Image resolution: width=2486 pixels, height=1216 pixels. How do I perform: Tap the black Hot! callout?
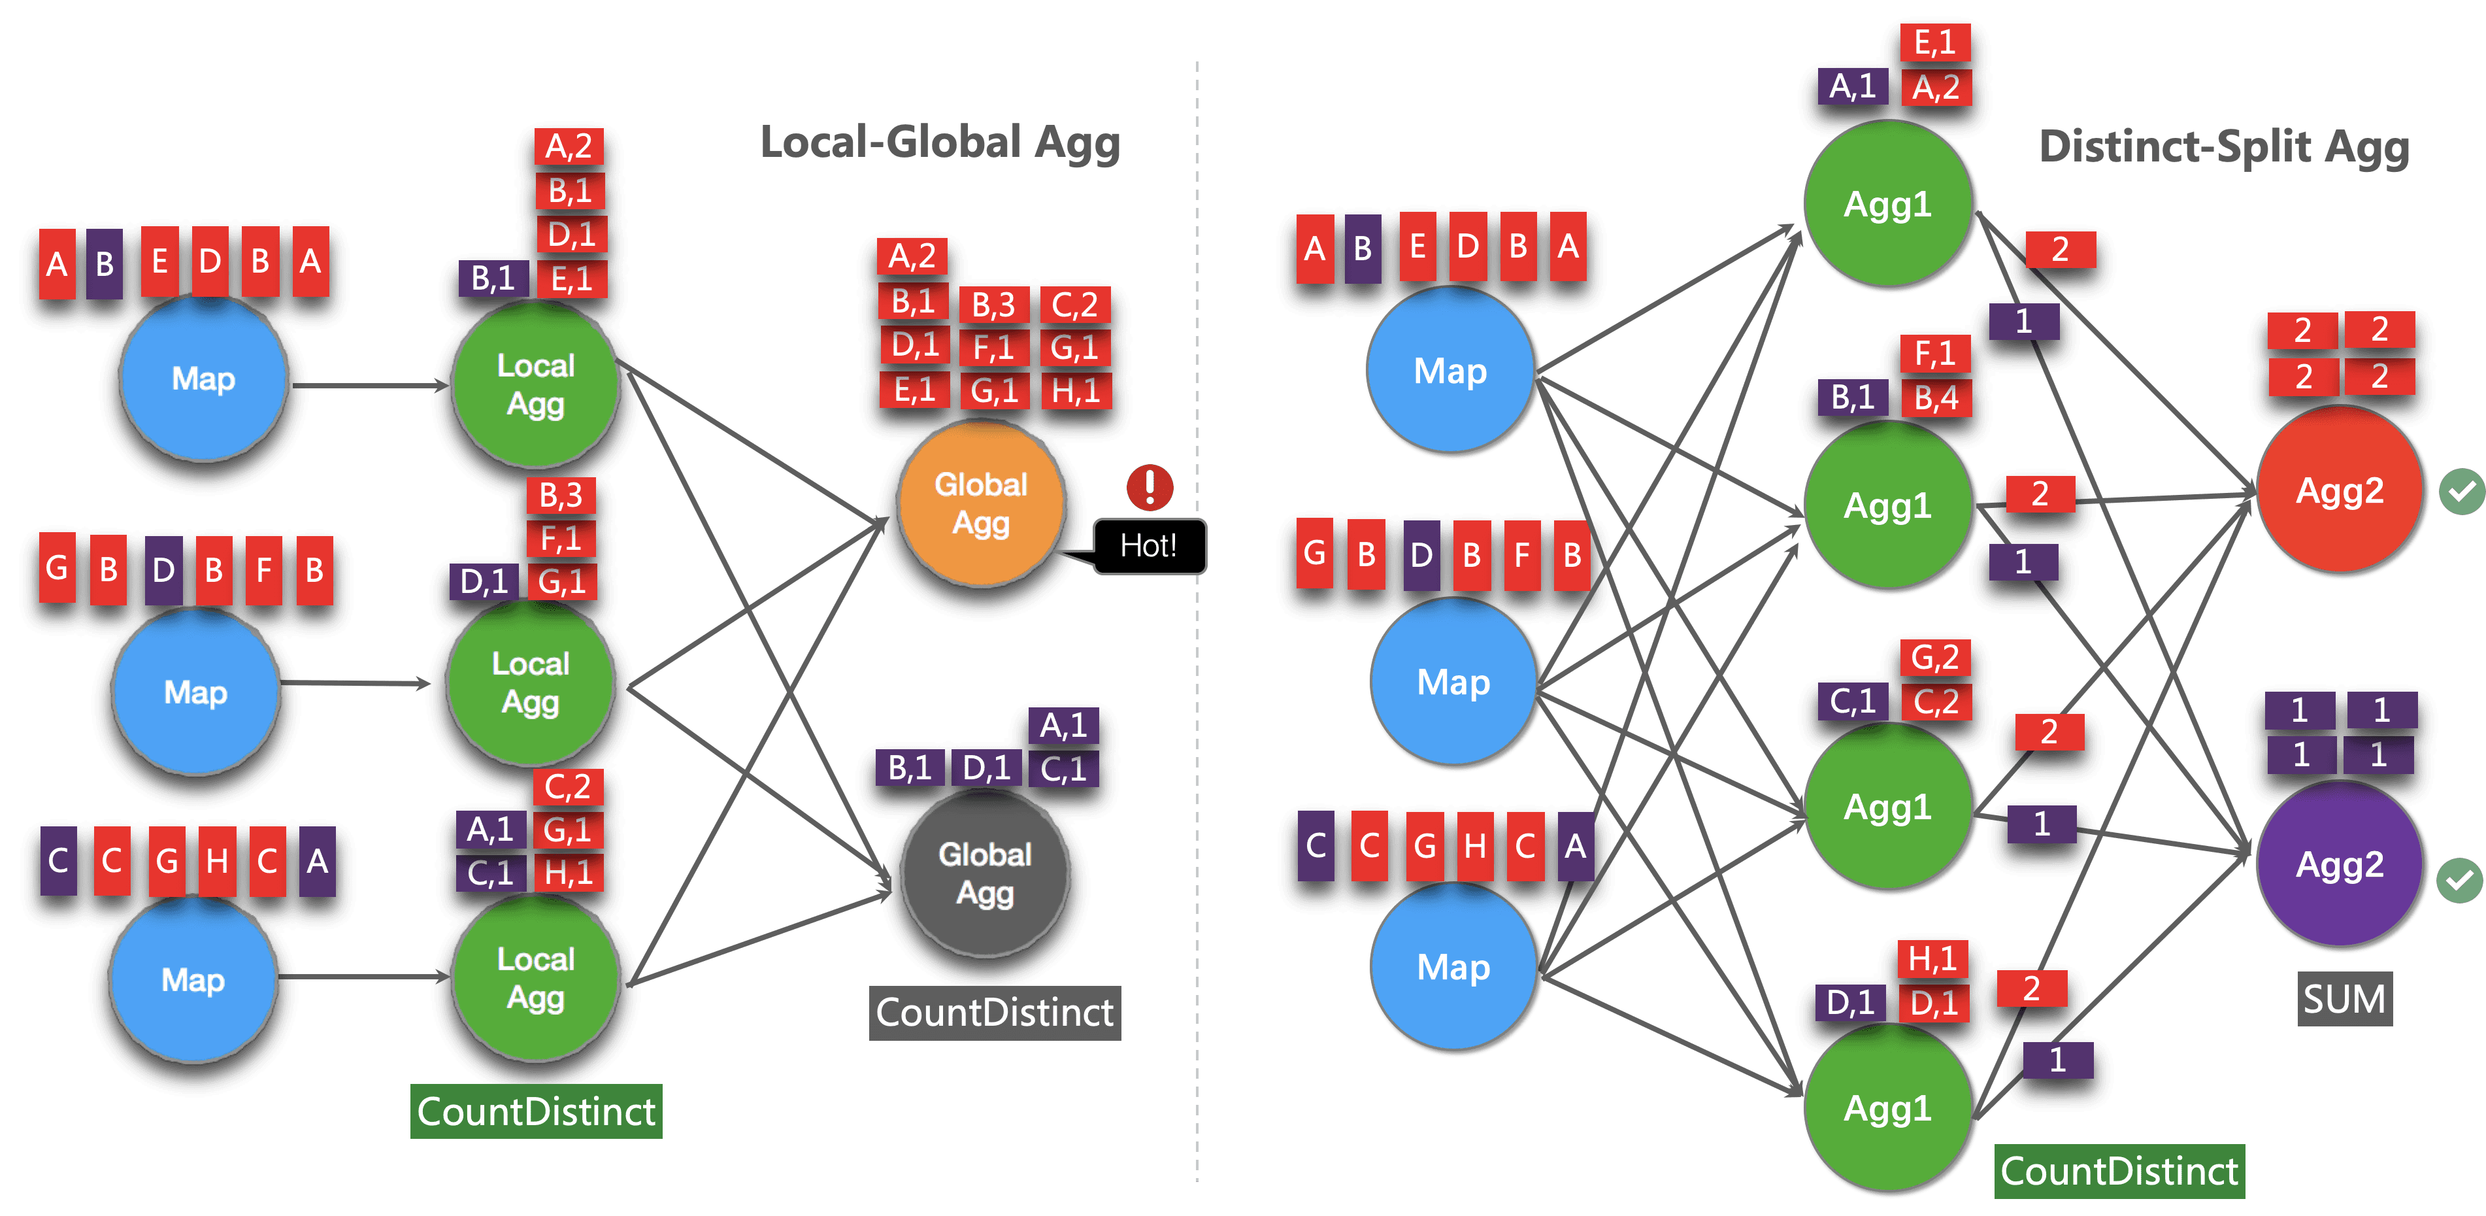tap(1148, 547)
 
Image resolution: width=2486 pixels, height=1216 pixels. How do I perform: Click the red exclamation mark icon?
tap(1150, 486)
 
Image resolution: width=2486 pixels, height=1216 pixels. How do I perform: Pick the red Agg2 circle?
tap(2340, 490)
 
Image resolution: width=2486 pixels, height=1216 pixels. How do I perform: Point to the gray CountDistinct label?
tap(994, 1013)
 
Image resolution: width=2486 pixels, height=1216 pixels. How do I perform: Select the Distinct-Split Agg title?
tap(2223, 146)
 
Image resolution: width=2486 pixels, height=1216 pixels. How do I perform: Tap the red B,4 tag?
tap(1936, 397)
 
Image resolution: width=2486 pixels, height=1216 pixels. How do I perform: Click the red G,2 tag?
tap(1935, 657)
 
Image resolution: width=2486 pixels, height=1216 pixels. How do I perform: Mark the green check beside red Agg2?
tap(2462, 492)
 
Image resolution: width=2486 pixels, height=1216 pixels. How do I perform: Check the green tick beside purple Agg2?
tap(2459, 880)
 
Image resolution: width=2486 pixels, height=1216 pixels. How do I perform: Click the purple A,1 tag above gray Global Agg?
tap(1063, 725)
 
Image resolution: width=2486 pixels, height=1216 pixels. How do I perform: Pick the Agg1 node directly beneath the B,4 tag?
tap(1887, 505)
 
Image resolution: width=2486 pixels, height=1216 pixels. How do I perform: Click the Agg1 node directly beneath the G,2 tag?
tap(1887, 806)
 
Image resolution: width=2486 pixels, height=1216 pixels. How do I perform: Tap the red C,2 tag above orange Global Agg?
tap(1075, 305)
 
